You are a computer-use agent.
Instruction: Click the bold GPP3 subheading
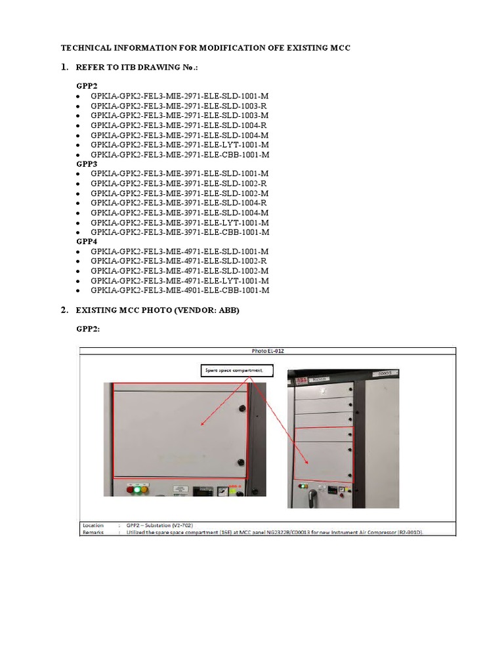(x=87, y=164)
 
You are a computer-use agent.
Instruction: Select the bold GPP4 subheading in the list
(x=87, y=241)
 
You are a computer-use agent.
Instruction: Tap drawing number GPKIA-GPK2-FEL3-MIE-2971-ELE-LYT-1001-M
(x=180, y=144)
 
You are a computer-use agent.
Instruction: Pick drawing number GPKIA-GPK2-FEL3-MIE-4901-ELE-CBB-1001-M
(x=180, y=290)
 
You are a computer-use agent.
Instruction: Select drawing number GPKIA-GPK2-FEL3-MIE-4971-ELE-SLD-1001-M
(x=180, y=251)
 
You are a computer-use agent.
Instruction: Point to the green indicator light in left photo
(x=137, y=489)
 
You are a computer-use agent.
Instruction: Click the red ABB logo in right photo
(x=301, y=380)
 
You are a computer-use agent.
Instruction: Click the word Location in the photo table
(x=93, y=525)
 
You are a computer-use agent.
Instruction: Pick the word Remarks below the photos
(x=93, y=532)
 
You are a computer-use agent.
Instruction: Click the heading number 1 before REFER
(x=64, y=67)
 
